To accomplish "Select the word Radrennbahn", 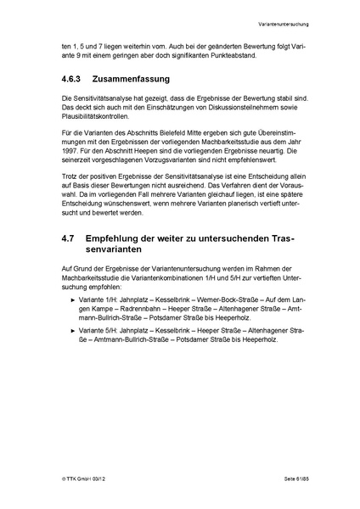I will [x=110, y=305].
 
